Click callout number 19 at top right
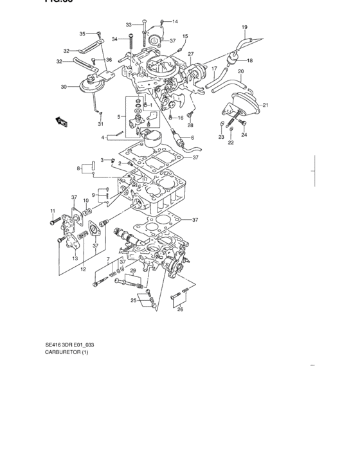[x=244, y=27]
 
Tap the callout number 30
[x=64, y=87]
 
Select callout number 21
[x=265, y=105]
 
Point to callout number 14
[x=175, y=21]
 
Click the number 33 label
[x=129, y=24]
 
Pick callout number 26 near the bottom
[x=180, y=309]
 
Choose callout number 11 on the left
[x=53, y=211]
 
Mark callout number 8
[x=78, y=168]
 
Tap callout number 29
[x=132, y=271]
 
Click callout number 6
[x=192, y=138]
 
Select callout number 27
[x=190, y=53]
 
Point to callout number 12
[x=82, y=269]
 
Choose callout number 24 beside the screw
[x=244, y=136]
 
